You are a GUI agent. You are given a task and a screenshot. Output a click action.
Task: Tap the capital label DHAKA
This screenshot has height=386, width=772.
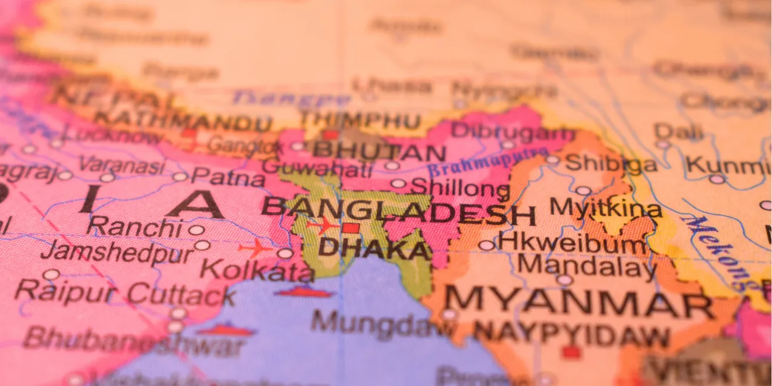pos(374,249)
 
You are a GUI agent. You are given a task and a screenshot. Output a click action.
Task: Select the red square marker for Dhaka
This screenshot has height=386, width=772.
pos(351,228)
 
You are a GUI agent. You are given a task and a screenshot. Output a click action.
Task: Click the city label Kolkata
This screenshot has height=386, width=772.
pos(257,270)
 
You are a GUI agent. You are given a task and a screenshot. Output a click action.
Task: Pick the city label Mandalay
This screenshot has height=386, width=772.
pos(587,267)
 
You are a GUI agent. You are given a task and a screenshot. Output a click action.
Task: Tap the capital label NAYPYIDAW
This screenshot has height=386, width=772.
pos(571,335)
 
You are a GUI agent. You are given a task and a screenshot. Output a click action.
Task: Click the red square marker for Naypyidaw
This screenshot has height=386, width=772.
pos(571,352)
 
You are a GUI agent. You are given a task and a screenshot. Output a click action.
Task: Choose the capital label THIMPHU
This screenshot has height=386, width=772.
pos(361,119)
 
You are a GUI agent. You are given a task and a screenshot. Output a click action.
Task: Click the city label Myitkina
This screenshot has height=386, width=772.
pos(606,208)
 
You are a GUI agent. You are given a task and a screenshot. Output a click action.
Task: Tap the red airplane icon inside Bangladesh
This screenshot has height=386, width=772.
pos(322,225)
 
